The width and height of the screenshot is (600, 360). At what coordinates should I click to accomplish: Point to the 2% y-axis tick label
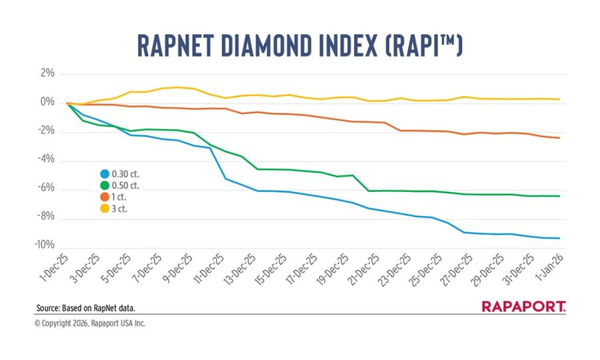coord(47,73)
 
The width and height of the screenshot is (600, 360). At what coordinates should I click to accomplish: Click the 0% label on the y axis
coord(47,103)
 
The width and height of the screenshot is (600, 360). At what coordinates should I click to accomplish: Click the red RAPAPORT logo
coord(523,307)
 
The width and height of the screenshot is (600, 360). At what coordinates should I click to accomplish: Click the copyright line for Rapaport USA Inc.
coord(89,323)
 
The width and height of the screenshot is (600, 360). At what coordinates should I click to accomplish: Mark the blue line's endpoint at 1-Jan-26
coord(559,238)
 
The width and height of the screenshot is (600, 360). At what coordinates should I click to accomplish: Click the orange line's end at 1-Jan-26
coord(559,138)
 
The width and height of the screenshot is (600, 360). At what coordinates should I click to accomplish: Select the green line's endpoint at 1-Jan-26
coord(559,196)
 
